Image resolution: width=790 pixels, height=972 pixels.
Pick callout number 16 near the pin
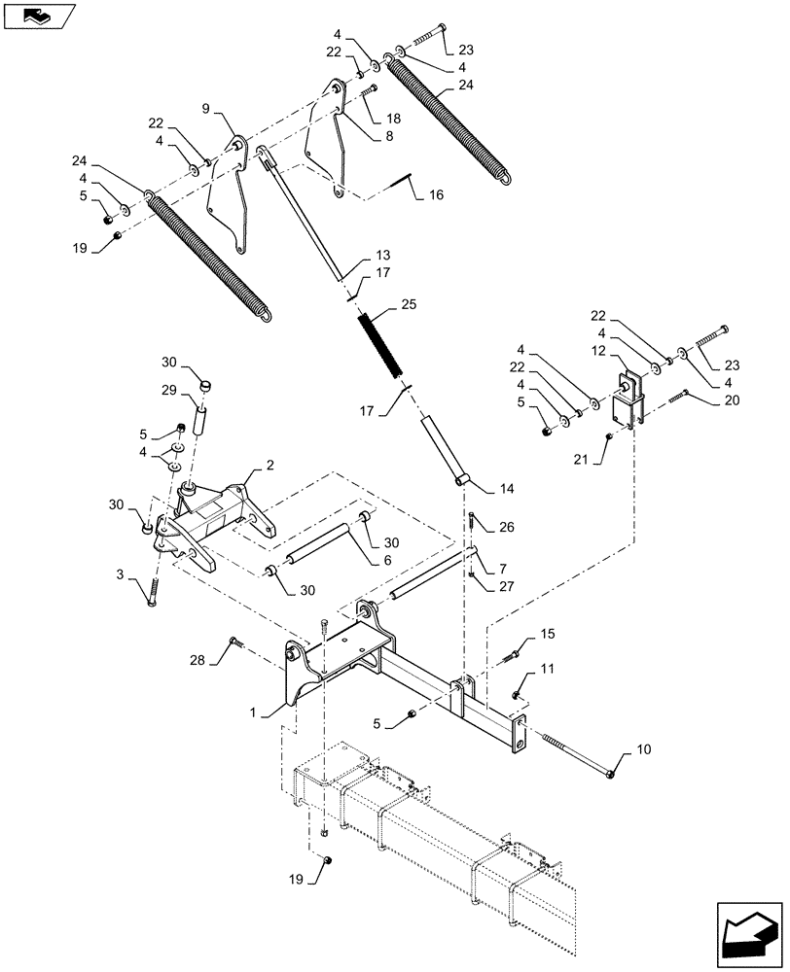click(x=435, y=194)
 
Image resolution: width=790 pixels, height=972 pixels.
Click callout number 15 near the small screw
click(x=548, y=634)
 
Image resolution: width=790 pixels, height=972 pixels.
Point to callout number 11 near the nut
click(x=547, y=670)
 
